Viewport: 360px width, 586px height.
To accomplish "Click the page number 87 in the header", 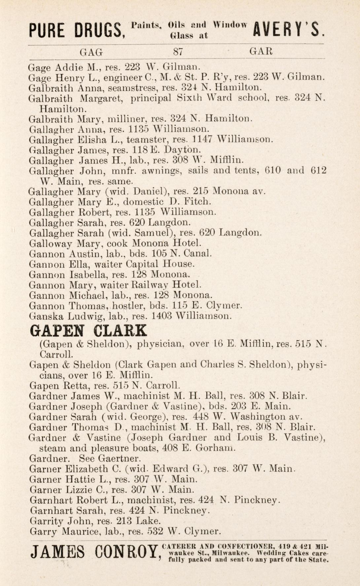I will pos(178,52).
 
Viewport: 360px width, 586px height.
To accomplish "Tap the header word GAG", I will pos(91,52).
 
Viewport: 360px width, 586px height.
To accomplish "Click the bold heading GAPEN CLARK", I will pos(88,330).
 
